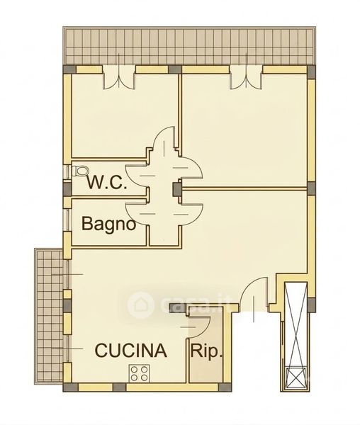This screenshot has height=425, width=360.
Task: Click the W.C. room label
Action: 107,183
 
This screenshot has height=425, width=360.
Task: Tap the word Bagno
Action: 108,224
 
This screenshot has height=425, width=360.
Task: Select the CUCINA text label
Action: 130,350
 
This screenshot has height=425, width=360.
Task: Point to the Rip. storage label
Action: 206,351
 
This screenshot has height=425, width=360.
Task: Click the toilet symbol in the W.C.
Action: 81,171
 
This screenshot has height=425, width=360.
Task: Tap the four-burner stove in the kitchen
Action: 140,373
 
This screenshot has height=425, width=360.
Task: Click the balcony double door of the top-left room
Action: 119,80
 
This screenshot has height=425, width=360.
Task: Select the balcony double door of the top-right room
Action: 246,80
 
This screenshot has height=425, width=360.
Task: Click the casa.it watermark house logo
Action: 141,304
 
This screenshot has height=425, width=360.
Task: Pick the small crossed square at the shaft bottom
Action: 296,377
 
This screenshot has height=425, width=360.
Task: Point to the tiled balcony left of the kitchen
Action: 49,316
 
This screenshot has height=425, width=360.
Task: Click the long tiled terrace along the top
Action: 189,45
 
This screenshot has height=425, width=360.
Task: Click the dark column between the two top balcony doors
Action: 175,69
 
